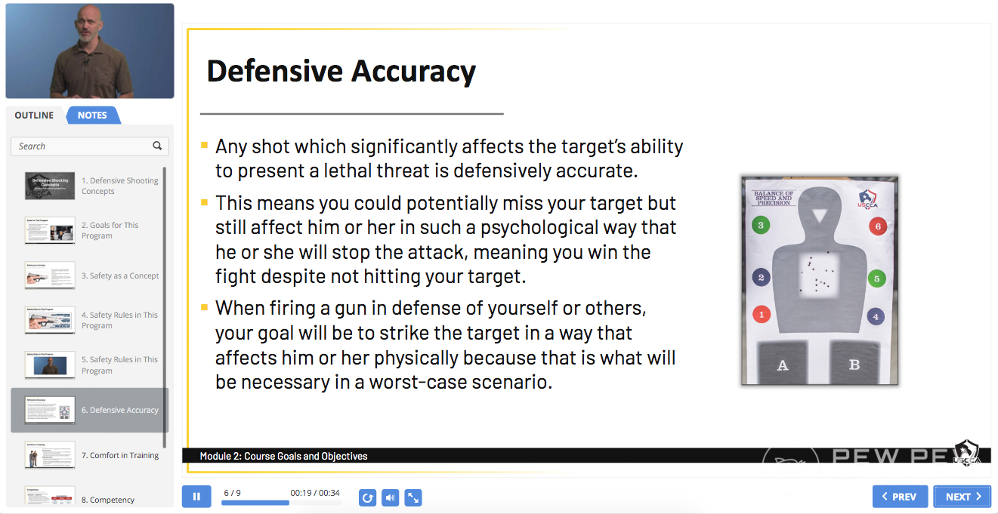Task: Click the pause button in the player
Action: [x=196, y=497]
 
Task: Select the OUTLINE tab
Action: [x=34, y=115]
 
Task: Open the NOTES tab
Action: [x=92, y=115]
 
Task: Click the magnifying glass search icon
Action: [x=157, y=146]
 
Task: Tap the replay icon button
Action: [x=368, y=497]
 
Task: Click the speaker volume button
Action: [x=390, y=497]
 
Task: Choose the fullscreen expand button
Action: [x=412, y=497]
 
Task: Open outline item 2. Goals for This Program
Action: [x=110, y=230]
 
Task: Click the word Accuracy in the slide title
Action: [x=411, y=72]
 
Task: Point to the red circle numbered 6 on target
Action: [x=876, y=226]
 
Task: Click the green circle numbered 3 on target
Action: [x=761, y=225]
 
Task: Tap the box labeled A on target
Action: [x=783, y=365]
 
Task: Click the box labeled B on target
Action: [x=854, y=365]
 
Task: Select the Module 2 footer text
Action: [x=283, y=456]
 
